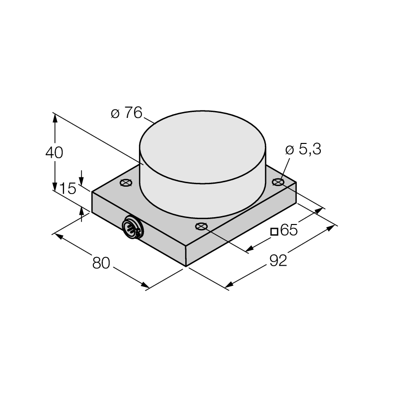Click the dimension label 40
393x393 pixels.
pyautogui.click(x=54, y=153)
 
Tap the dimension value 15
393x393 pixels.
pyautogui.click(x=67, y=189)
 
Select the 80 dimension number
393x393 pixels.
pyautogui.click(x=101, y=263)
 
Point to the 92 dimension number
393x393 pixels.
pyautogui.click(x=278, y=260)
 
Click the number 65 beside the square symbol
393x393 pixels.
pyautogui.click(x=289, y=230)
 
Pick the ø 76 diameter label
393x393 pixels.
pyautogui.click(x=127, y=112)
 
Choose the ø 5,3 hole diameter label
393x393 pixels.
pyautogui.click(x=303, y=149)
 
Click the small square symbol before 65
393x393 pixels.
pyautogui.click(x=275, y=231)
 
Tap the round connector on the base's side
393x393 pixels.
pyautogui.click(x=133, y=227)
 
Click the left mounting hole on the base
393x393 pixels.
pyautogui.click(x=126, y=183)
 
